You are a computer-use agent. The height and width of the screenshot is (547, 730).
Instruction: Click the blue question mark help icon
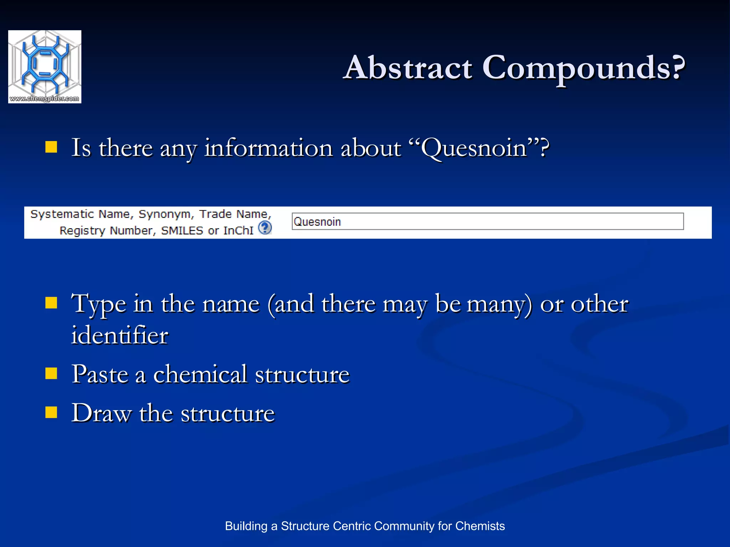pyautogui.click(x=265, y=228)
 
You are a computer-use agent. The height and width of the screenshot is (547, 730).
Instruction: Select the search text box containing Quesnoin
pyautogui.click(x=487, y=222)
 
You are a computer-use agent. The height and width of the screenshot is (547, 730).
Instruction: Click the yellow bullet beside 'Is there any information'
pyautogui.click(x=51, y=147)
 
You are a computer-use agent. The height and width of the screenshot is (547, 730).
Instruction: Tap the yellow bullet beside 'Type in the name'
pyautogui.click(x=51, y=303)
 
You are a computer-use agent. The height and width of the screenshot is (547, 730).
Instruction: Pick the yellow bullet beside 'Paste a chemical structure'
pyautogui.click(x=51, y=373)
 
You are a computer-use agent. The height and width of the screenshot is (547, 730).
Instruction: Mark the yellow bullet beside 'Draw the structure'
pyautogui.click(x=51, y=412)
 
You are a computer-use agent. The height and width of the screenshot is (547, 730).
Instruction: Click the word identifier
pyautogui.click(x=120, y=335)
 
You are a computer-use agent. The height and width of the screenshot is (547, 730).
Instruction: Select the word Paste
pyautogui.click(x=100, y=375)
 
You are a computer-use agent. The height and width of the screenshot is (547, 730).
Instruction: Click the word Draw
pyautogui.click(x=101, y=413)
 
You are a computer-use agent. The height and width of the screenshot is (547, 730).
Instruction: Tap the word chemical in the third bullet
pyautogui.click(x=200, y=375)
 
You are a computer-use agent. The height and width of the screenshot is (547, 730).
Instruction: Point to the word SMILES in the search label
pyautogui.click(x=182, y=231)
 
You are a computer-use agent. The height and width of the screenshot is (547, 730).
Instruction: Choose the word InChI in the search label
pyautogui.click(x=238, y=231)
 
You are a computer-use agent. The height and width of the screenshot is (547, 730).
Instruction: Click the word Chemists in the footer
pyautogui.click(x=480, y=526)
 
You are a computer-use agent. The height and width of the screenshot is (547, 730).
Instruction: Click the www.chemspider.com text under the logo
pyautogui.click(x=45, y=99)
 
